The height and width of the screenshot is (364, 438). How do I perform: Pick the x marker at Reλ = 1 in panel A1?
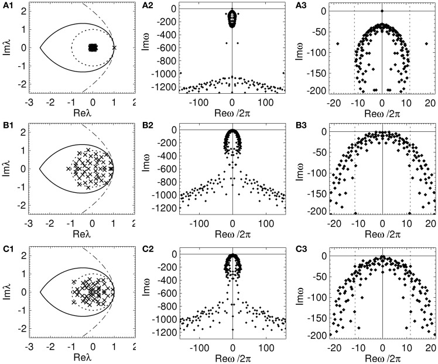pyautogui.click(x=114, y=47)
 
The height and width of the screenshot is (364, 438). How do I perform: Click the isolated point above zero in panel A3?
pyautogui.click(x=382, y=11)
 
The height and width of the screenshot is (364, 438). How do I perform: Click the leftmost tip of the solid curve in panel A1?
pyautogui.click(x=40, y=47)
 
